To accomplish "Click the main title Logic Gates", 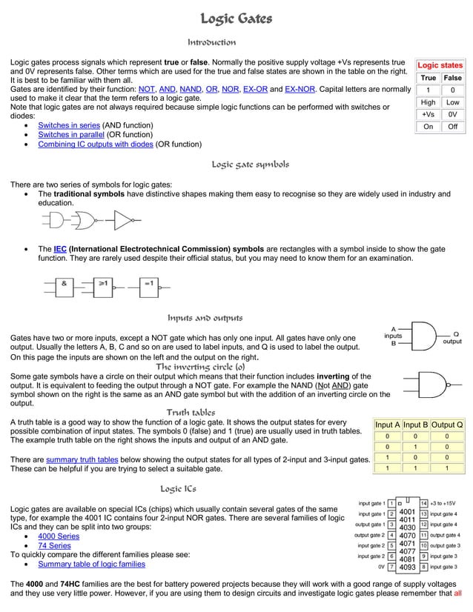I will click(x=236, y=19).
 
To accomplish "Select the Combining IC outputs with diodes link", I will click(x=95, y=144).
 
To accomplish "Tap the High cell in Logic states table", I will click(x=428, y=102).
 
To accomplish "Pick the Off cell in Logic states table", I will click(x=451, y=127).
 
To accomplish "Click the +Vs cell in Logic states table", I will click(x=428, y=115).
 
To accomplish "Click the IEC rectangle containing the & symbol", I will click(x=64, y=283).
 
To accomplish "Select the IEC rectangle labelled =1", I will click(x=148, y=283).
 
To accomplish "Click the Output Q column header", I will click(x=447, y=425).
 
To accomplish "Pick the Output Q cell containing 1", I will click(x=447, y=468).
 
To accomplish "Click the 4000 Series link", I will click(x=59, y=536).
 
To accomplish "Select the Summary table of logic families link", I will click(x=91, y=564).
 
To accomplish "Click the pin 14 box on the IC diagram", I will click(x=423, y=504).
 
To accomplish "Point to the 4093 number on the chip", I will click(x=407, y=568).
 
